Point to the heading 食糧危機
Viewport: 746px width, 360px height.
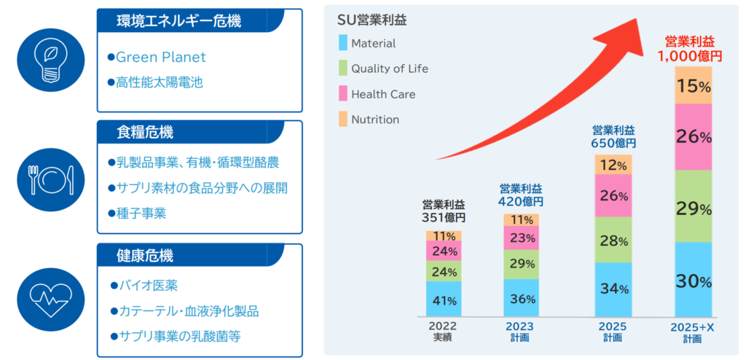tap(145, 133)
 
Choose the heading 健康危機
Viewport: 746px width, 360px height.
tap(145, 256)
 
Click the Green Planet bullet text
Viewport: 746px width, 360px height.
tap(160, 57)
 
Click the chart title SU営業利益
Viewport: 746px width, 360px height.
tap(372, 20)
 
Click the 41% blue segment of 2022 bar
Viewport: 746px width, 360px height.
tap(444, 300)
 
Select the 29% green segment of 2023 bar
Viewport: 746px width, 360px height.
tap(521, 264)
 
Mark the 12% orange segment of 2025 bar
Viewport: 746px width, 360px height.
tap(613, 165)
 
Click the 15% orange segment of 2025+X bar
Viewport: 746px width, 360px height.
tap(694, 86)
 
